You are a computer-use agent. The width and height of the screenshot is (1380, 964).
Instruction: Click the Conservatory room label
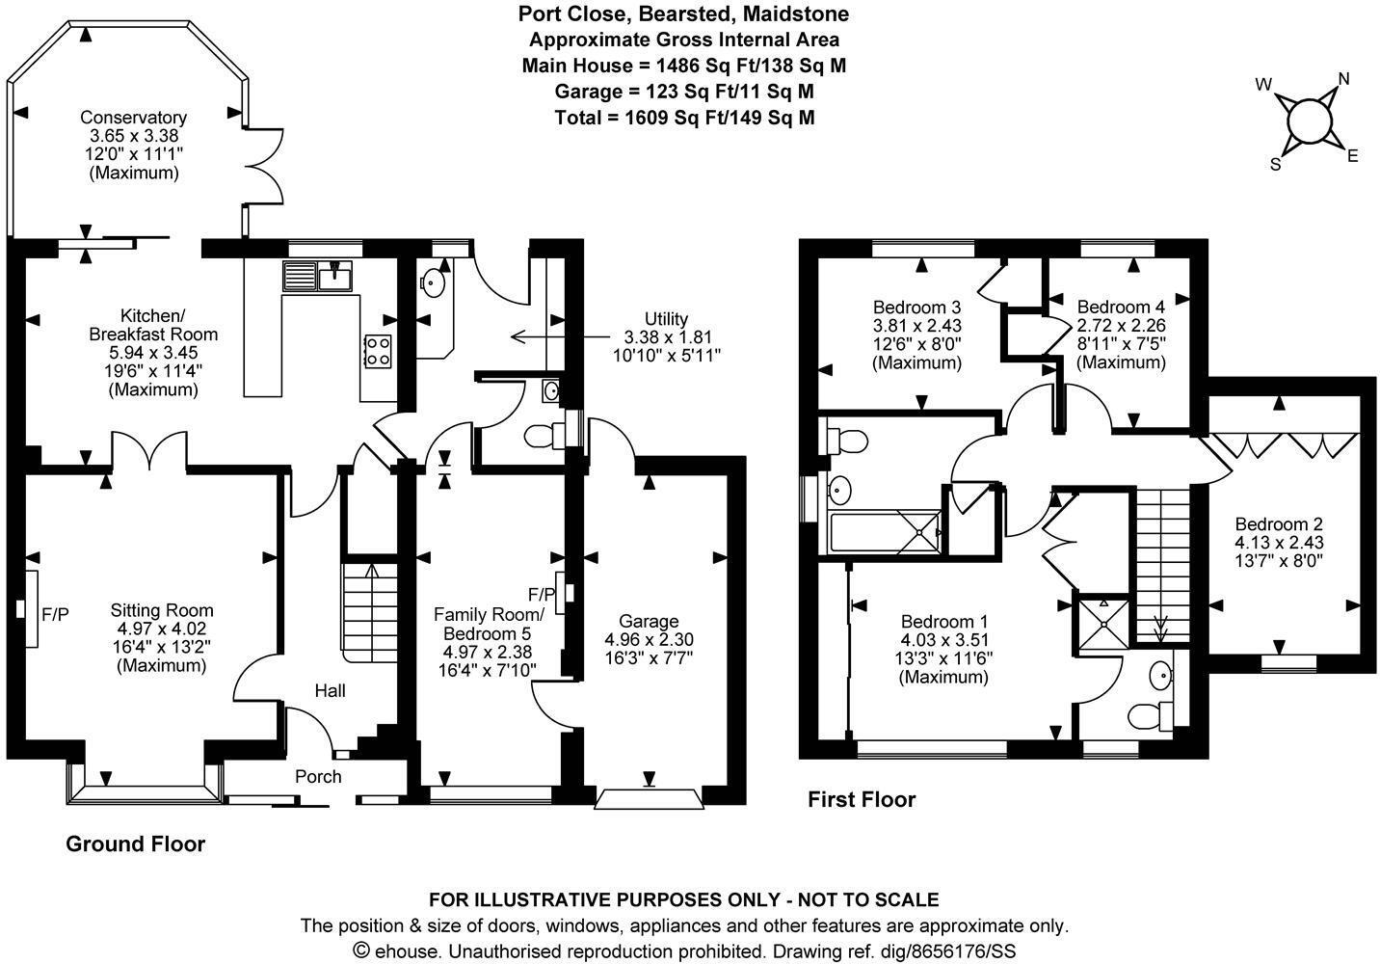134,119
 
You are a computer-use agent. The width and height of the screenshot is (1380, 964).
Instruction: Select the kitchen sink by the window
319,276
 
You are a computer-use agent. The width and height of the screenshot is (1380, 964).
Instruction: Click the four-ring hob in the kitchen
377,350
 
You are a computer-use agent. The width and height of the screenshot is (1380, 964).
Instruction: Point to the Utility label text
666,319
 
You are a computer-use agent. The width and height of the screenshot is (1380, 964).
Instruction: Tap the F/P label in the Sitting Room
55,613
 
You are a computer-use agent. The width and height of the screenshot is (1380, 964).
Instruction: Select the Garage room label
649,622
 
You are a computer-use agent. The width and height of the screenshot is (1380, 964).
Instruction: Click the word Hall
330,690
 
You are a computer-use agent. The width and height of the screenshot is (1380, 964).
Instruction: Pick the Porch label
318,776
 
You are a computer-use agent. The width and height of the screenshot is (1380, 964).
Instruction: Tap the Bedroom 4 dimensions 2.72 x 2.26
1121,327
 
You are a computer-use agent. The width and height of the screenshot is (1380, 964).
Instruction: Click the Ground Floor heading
135,844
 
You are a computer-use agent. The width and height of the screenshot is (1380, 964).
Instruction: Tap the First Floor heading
862,799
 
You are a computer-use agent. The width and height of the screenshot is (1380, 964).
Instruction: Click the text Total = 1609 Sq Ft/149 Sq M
684,118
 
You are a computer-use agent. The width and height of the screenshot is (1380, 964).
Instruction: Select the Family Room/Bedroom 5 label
489,624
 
